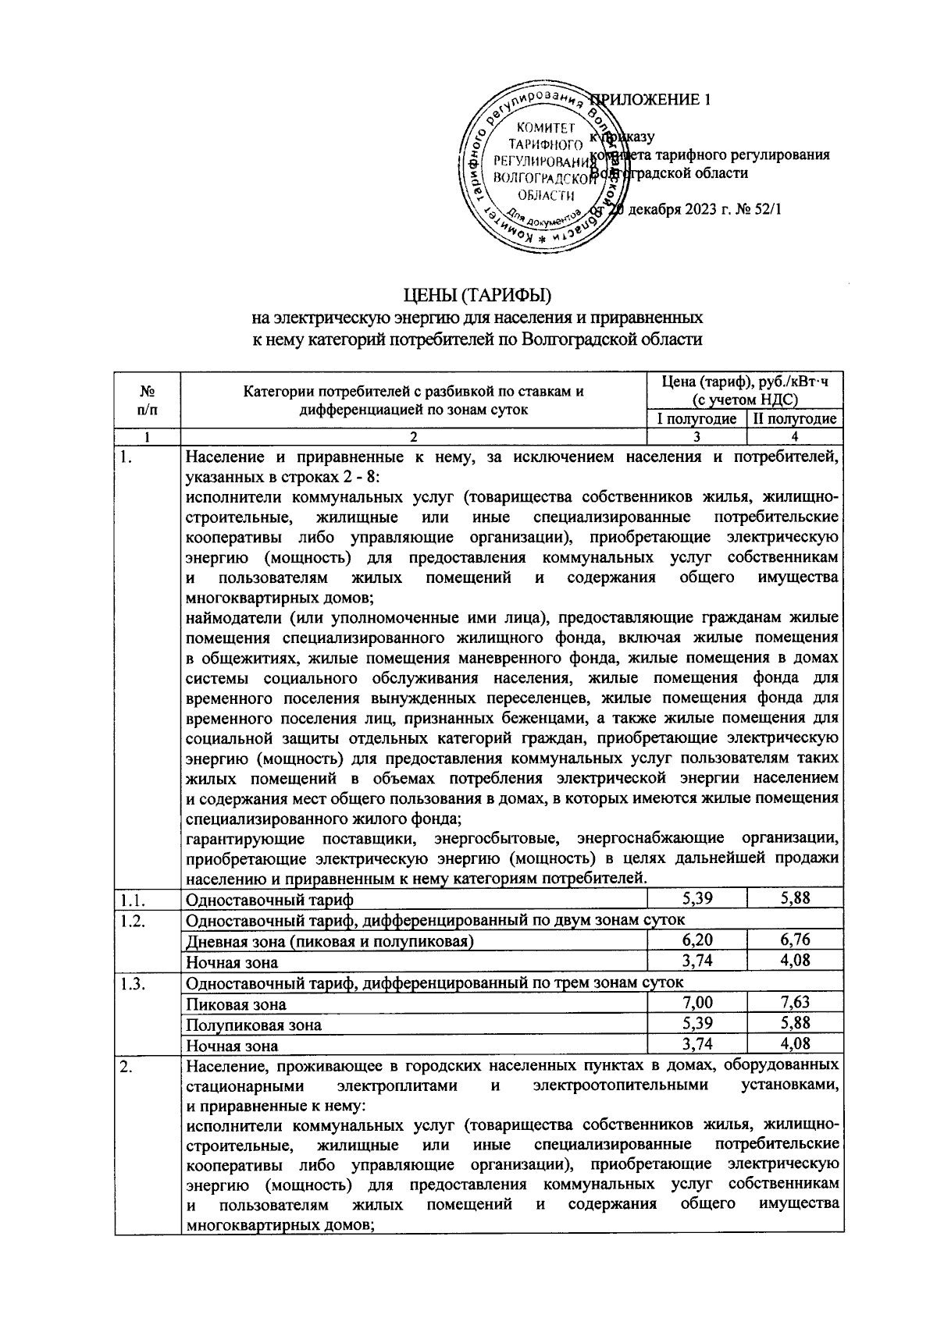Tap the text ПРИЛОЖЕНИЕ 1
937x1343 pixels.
click(650, 100)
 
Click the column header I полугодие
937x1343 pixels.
click(697, 419)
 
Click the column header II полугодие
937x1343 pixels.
click(794, 419)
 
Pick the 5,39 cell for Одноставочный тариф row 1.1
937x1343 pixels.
click(697, 898)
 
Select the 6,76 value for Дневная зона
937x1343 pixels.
click(795, 940)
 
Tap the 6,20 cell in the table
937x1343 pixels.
click(697, 940)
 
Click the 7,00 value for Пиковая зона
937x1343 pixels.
click(697, 1003)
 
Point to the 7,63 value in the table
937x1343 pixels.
click(795, 1002)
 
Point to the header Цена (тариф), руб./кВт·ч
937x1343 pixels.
click(744, 382)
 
